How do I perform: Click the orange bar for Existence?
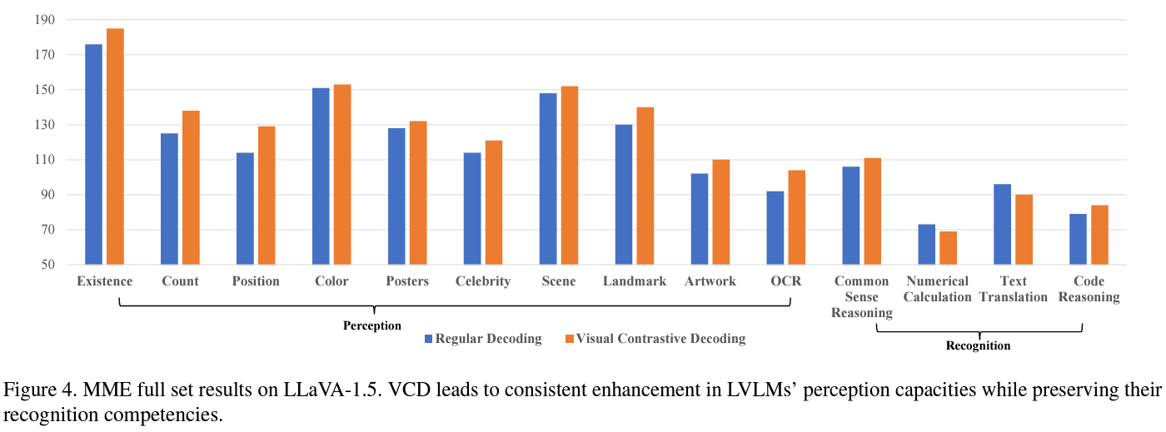tap(115, 146)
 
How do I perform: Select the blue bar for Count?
tap(169, 199)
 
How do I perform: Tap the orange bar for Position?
tap(267, 196)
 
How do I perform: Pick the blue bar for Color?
tap(321, 176)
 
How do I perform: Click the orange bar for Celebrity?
tap(494, 202)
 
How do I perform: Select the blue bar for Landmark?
tap(624, 195)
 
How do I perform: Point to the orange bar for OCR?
tap(797, 217)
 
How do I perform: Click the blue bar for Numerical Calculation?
tap(927, 245)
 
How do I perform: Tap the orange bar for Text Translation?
tap(1024, 230)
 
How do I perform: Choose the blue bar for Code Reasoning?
tap(1078, 239)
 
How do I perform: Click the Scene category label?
tap(558, 281)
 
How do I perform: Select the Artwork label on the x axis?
tap(710, 281)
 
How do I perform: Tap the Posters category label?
tap(407, 281)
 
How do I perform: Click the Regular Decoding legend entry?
tap(483, 339)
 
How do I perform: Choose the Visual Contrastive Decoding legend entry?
tap(654, 339)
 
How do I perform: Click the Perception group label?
tap(372, 325)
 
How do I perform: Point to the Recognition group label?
tap(979, 345)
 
